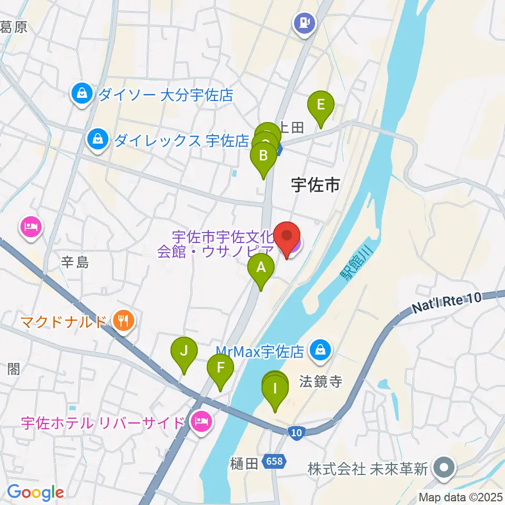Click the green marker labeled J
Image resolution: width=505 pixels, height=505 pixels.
pyautogui.click(x=184, y=351)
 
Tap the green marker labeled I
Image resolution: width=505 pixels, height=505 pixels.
pyautogui.click(x=275, y=390)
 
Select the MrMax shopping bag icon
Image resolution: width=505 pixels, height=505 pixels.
pyautogui.click(x=319, y=348)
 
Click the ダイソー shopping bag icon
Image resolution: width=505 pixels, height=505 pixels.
pyautogui.click(x=82, y=95)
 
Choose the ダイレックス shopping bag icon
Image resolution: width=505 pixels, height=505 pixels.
pyautogui.click(x=98, y=140)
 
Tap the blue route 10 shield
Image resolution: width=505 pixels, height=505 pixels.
pyautogui.click(x=296, y=432)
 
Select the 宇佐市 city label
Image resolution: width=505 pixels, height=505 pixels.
pyautogui.click(x=315, y=185)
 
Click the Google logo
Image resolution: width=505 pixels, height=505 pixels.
pyautogui.click(x=35, y=492)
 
